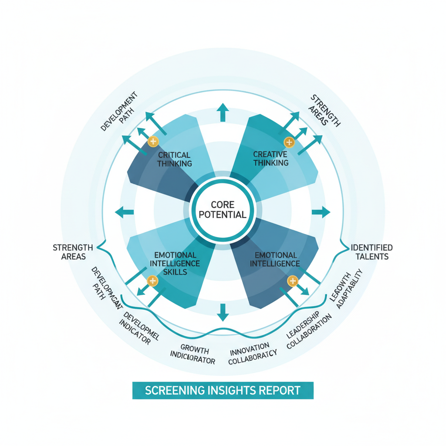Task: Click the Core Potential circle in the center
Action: [x=223, y=209]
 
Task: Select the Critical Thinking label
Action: [x=174, y=159]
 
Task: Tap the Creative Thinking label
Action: [x=270, y=159]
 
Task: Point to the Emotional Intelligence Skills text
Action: [x=174, y=263]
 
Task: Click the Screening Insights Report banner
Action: [x=223, y=390]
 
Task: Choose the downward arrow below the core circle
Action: [x=223, y=312]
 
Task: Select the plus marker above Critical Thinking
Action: [x=152, y=141]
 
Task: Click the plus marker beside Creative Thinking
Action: [x=289, y=142]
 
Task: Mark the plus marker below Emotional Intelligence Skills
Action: [x=152, y=281]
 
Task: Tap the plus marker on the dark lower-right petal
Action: [x=292, y=281]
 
